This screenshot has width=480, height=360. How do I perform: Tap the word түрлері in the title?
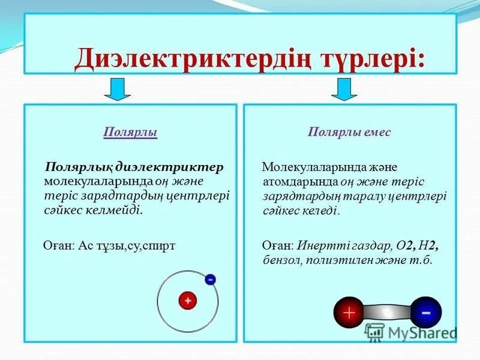coord(370,59)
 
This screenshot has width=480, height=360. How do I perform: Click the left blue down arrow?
coord(118,89)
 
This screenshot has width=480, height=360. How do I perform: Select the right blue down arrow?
coord(344,89)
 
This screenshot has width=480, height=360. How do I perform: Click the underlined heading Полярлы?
coord(131,132)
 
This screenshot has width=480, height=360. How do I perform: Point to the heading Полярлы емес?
coord(349,132)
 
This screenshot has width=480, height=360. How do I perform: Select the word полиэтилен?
coord(337,260)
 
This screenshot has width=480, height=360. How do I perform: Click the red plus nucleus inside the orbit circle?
coord(187,300)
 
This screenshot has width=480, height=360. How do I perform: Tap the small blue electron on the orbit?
coord(210,279)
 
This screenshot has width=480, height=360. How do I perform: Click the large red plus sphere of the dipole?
coord(349,313)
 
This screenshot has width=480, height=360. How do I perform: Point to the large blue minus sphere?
coord(425,313)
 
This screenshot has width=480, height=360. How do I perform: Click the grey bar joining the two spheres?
coord(387,313)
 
